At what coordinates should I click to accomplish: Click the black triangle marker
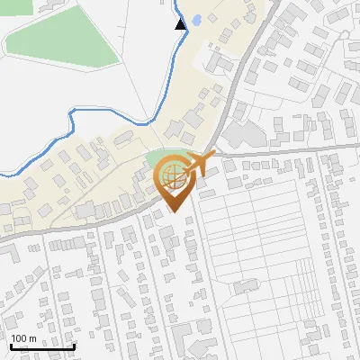coord(181,23)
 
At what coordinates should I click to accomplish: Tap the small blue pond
coord(194,21)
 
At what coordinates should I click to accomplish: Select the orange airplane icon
coord(196,165)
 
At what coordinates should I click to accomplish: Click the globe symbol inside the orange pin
coord(173,175)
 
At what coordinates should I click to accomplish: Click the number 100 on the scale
coord(19,339)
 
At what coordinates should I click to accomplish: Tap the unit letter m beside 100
coord(32,339)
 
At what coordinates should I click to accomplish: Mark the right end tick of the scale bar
coord(74,346)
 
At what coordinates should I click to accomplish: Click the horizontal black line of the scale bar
coord(41,347)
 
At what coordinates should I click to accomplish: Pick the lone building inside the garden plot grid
coord(246,287)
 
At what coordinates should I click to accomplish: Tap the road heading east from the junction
coord(288,148)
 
